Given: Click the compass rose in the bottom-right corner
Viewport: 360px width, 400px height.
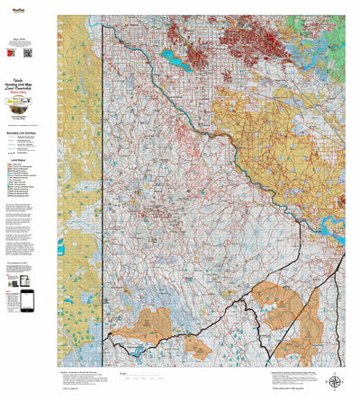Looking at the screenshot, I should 336,381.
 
